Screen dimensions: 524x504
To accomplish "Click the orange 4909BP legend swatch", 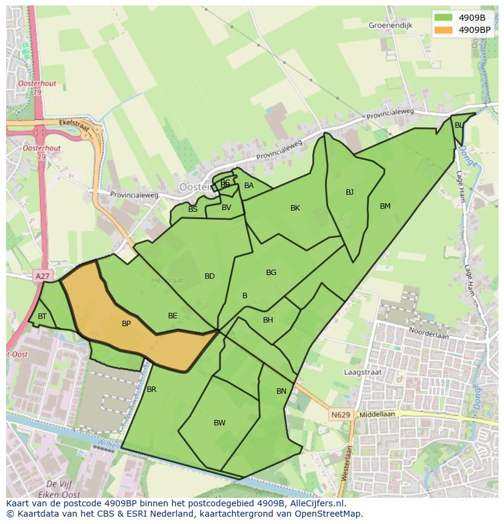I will [443, 29].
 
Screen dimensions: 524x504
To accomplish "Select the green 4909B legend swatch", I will [443, 17].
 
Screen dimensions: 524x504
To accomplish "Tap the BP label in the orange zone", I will [126, 324].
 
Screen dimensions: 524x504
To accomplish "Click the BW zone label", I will [219, 423].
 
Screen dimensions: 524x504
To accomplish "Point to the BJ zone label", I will [349, 192].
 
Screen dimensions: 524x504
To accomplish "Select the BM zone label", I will [385, 206].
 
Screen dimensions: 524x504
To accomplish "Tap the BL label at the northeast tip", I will [458, 125].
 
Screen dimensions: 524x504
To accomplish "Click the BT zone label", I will [42, 316].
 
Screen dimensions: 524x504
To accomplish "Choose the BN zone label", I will [281, 391].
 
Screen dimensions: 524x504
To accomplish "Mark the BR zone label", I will [152, 390].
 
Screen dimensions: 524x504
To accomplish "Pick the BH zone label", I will [268, 320].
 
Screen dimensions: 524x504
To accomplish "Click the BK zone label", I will [295, 208].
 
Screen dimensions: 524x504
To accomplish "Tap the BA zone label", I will [248, 186].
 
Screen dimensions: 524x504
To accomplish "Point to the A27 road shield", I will [42, 276].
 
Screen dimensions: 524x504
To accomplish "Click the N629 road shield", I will [341, 415].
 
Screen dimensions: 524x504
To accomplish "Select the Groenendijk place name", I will [390, 26].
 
